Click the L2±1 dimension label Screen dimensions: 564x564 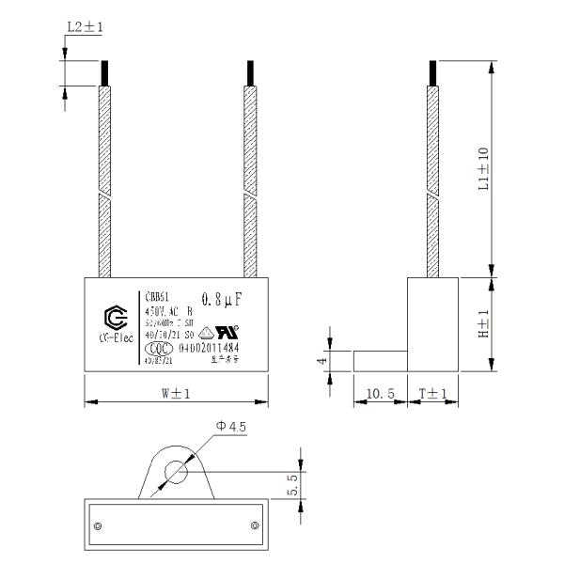85,28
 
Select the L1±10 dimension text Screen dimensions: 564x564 482,170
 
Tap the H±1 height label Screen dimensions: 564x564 482,324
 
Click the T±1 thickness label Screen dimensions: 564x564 432,393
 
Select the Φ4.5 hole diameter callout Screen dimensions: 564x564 231,426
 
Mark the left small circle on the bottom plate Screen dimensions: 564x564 98,523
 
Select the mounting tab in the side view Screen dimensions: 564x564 379,360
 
